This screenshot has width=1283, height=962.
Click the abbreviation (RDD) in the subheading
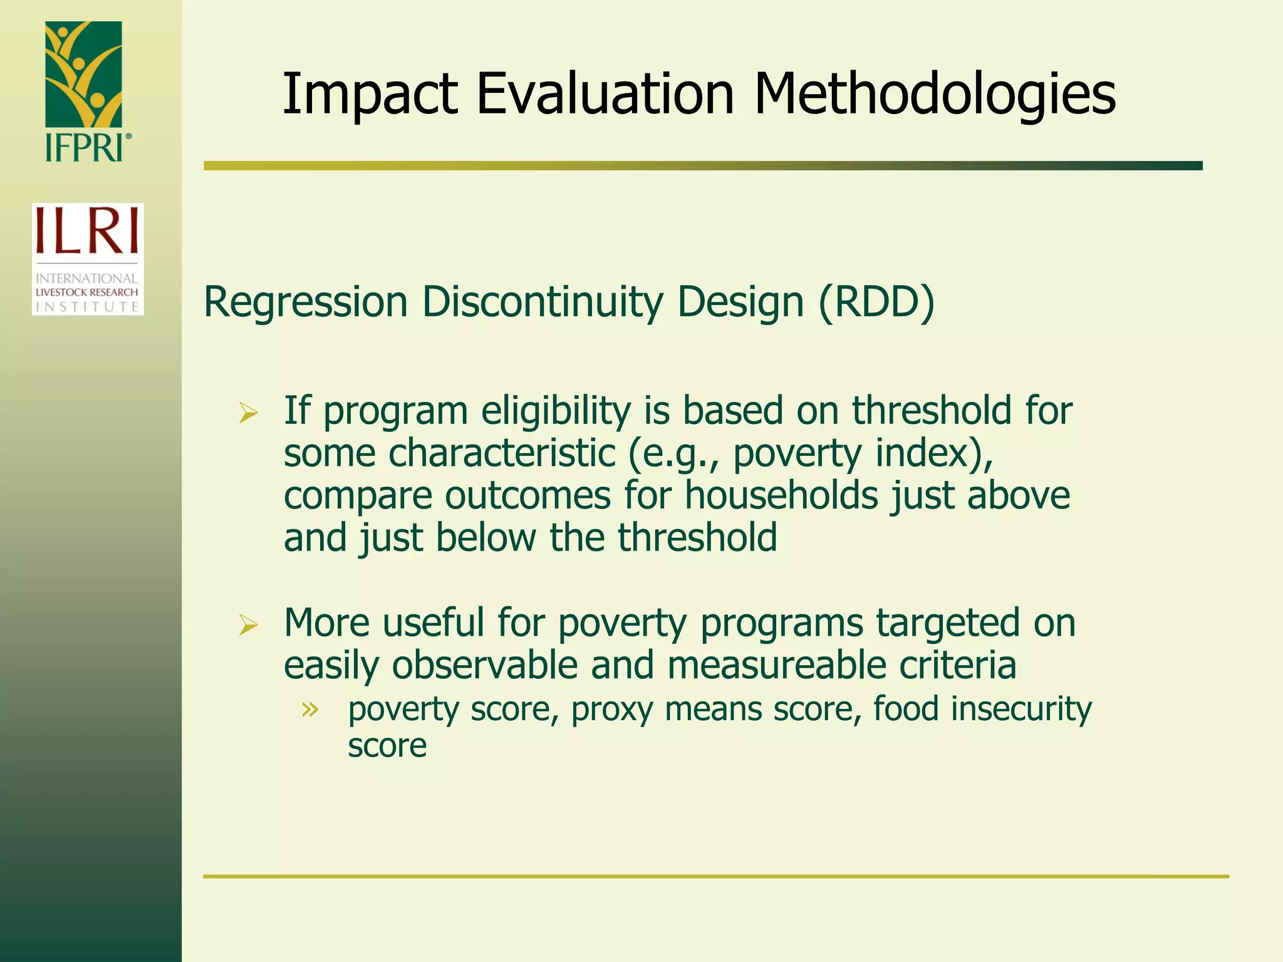876,303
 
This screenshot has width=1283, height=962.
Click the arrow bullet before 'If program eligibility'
249,413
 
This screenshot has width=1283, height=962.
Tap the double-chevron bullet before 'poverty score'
309,710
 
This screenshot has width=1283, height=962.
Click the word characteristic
502,453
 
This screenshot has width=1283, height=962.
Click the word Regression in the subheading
306,303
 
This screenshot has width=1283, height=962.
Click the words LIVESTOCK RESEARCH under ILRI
87,292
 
